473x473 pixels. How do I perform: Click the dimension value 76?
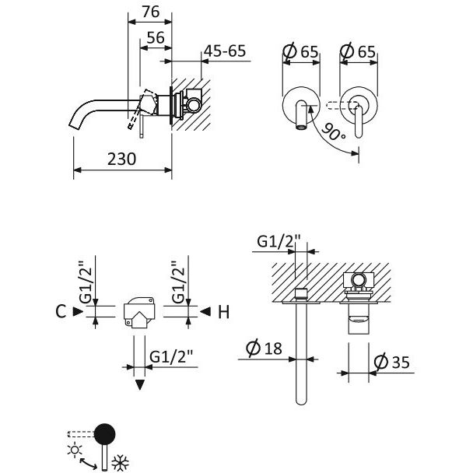(150, 12)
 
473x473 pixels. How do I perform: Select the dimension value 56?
(156, 37)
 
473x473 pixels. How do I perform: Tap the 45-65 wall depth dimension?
(225, 51)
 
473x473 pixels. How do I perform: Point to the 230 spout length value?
(121, 159)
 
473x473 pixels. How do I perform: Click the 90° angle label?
(334, 132)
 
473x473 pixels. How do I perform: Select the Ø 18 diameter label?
(264, 348)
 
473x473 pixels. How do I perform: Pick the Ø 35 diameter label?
(392, 362)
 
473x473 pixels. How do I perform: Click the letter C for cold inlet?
(61, 311)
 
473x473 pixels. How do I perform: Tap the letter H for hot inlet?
(223, 312)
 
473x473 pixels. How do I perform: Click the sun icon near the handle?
(75, 450)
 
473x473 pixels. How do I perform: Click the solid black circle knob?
(105, 434)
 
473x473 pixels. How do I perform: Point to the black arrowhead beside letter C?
(78, 311)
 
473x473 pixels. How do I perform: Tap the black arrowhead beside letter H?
(205, 311)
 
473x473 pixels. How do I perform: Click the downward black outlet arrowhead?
(140, 385)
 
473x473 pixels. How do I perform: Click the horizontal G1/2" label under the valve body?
(170, 356)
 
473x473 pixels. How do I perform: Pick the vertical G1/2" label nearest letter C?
(86, 282)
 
